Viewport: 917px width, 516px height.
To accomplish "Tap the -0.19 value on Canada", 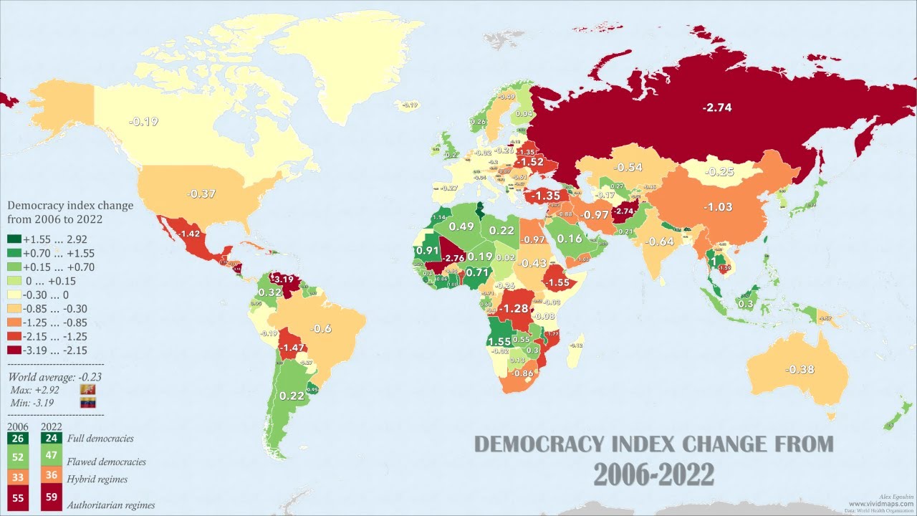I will [x=143, y=121].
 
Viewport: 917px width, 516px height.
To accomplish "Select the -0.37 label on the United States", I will [x=201, y=194].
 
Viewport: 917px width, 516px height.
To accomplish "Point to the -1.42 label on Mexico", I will [x=189, y=234].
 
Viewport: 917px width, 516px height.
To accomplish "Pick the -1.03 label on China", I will [x=718, y=206].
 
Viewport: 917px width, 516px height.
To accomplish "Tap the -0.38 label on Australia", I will [x=800, y=370].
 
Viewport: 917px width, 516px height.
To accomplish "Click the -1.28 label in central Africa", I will [x=513, y=308].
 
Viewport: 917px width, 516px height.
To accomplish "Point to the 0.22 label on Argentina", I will [x=292, y=396].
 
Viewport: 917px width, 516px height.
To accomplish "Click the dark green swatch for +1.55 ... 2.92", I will [x=14, y=239].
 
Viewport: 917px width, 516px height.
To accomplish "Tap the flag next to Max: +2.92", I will [x=88, y=389].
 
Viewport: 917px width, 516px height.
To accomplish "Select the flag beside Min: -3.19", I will [x=88, y=402].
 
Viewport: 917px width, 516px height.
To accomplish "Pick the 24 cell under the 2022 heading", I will [x=52, y=439].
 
